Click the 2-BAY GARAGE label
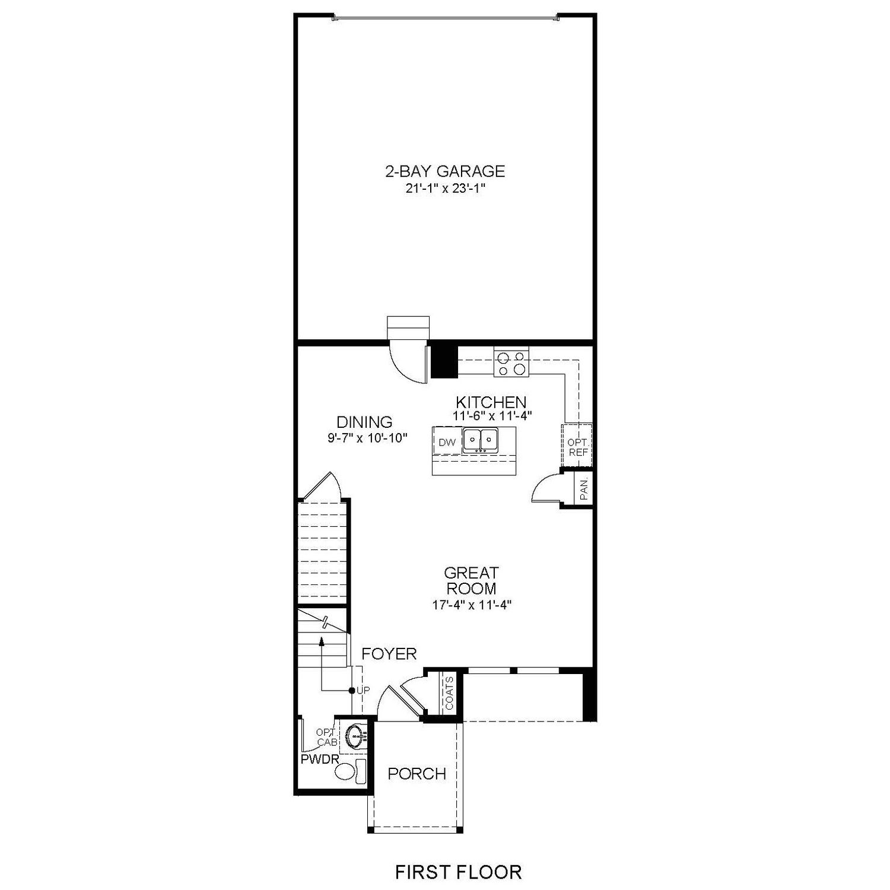[x=445, y=171]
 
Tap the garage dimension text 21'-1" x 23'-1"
[x=445, y=189]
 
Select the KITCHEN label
[x=491, y=402]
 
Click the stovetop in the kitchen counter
[x=511, y=363]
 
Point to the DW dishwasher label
[x=447, y=442]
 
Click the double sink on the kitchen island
[x=480, y=440]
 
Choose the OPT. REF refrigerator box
[x=577, y=447]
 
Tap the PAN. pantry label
[x=584, y=489]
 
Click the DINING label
[x=364, y=422]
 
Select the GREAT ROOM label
[x=472, y=580]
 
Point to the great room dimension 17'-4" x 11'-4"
[x=472, y=605]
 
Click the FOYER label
[x=389, y=654]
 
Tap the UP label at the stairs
[x=363, y=691]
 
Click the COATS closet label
[x=449, y=693]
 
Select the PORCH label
[x=417, y=774]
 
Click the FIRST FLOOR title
[x=459, y=872]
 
